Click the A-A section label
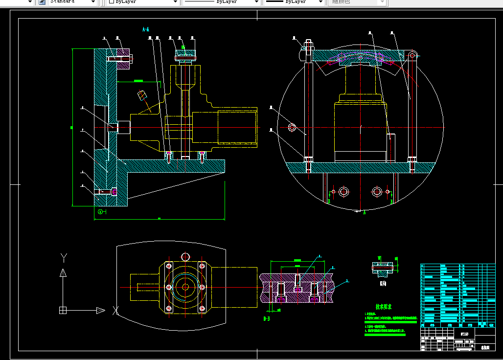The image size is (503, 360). pos(145,29)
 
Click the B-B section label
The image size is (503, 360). pos(267,319)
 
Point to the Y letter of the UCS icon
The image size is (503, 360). pos(63,257)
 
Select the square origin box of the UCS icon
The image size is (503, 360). pos(63,310)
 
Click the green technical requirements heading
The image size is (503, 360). pos(383,307)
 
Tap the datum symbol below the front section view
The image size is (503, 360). pos(100,212)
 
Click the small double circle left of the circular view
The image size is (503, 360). pos(292,128)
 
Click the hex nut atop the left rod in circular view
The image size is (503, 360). pos(308,47)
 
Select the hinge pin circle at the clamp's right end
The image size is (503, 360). pos(412,55)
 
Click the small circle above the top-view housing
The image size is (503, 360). pos(185,257)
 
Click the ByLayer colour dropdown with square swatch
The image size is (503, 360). pos(142,2)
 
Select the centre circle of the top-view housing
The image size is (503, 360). pos(185,287)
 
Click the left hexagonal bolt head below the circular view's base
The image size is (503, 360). pos(344,191)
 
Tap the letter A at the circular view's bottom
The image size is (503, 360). pos(364,212)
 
